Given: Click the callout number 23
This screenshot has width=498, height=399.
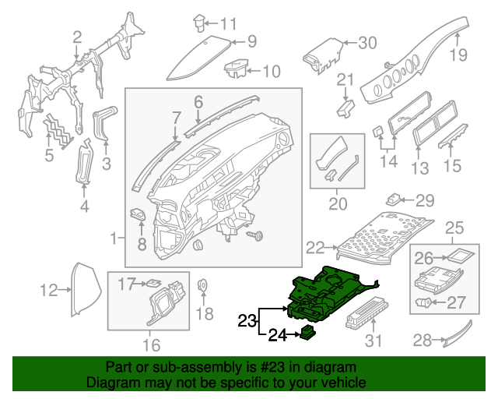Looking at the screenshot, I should click(x=246, y=320).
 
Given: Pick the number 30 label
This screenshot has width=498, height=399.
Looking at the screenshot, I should click(x=367, y=42).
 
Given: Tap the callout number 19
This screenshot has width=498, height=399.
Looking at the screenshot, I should click(x=458, y=55).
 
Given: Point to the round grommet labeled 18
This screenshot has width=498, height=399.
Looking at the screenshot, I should click(x=203, y=284).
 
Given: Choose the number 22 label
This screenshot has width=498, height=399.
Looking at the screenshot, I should click(x=314, y=248).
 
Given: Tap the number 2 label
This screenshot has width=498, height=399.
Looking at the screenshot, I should click(x=76, y=37).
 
